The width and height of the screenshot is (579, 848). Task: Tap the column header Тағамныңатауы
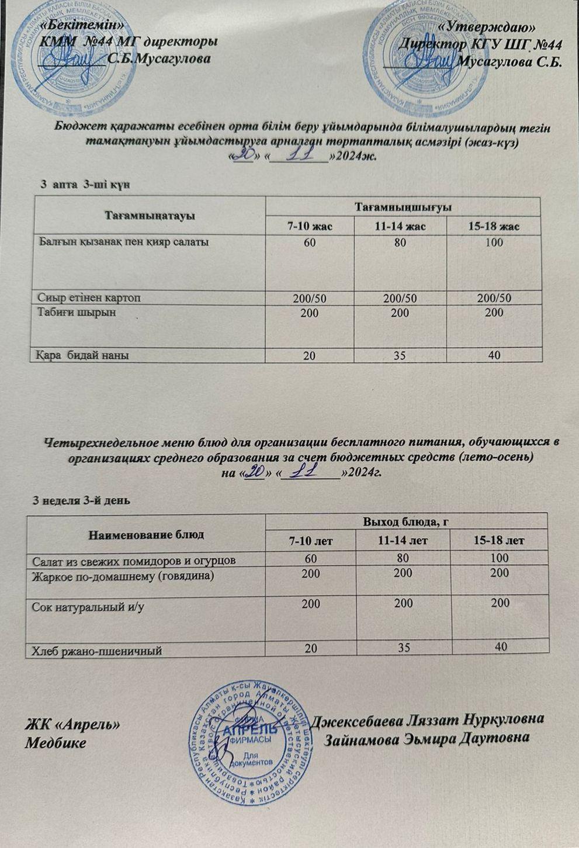point(150,215)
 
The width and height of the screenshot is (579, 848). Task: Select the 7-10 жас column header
point(310,226)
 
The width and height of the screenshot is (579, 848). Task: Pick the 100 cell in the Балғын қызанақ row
point(494,242)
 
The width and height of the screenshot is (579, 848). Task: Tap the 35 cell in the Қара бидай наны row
point(400,355)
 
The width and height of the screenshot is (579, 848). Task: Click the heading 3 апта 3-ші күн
point(84,184)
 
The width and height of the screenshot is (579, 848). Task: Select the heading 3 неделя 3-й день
point(81,501)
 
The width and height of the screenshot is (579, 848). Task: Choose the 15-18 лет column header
point(500,541)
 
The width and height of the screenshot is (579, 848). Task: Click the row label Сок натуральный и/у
point(88,607)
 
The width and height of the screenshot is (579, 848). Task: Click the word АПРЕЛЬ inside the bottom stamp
point(251,730)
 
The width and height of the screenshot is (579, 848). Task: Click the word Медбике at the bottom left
point(55,743)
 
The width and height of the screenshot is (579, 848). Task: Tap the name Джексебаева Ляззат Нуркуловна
point(429,719)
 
